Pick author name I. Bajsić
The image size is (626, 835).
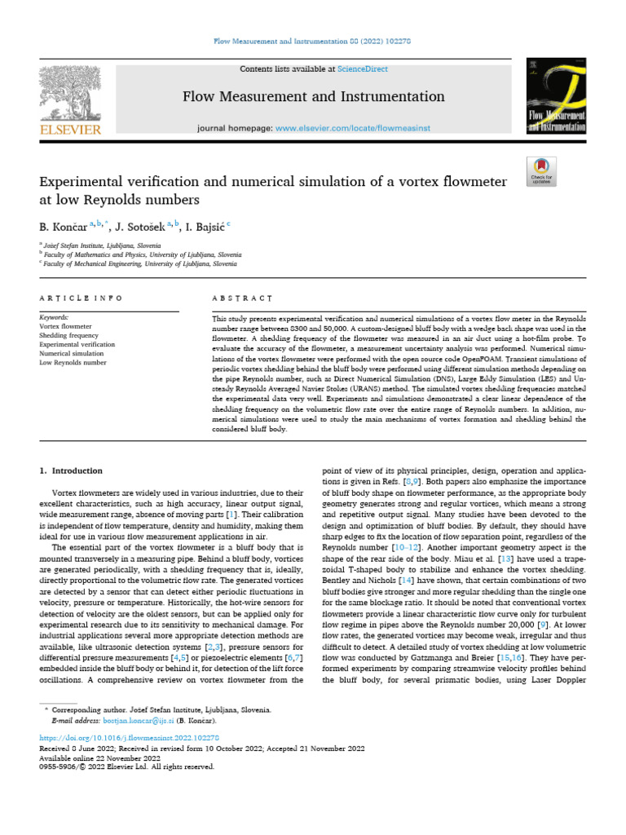point(205,226)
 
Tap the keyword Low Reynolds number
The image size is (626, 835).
point(73,362)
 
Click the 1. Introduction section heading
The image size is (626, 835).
point(72,471)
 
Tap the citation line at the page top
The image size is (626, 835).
point(313,41)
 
